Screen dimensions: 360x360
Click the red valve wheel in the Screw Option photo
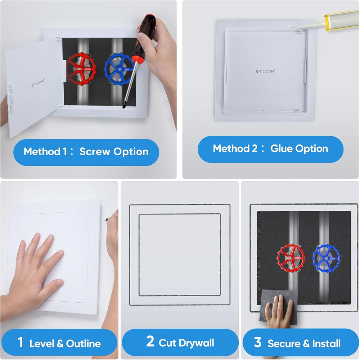click(82, 68)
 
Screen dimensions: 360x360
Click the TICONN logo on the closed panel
click(265, 71)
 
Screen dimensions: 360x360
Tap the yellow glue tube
click(342, 18)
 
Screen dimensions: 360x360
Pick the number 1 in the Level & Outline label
click(21, 342)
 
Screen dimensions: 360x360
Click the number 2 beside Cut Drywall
click(150, 342)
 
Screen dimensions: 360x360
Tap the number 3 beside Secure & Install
click(257, 342)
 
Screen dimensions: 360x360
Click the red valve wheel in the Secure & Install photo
click(291, 257)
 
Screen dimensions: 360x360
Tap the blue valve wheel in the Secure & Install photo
click(326, 257)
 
